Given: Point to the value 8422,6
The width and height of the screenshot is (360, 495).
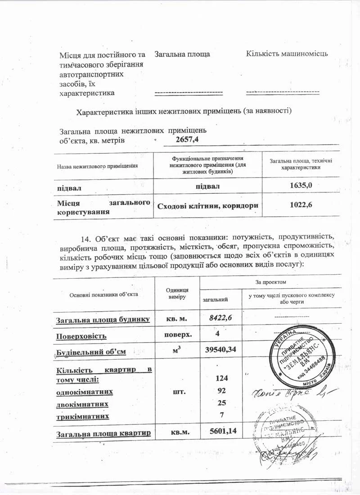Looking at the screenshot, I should (220, 318).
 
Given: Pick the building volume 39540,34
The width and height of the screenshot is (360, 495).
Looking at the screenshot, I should (220, 349).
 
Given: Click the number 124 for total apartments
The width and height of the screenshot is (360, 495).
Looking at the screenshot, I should (220, 379).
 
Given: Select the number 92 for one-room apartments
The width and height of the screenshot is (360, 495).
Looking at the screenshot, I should (220, 391).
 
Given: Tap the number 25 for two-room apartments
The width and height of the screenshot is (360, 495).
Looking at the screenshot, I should (220, 403).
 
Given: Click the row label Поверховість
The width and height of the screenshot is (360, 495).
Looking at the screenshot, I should (81, 336).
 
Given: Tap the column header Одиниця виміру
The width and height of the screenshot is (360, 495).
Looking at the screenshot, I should (177, 294).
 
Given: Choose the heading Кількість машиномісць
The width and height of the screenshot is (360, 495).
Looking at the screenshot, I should (287, 54).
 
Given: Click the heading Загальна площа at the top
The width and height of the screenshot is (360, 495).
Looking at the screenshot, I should (182, 54).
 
